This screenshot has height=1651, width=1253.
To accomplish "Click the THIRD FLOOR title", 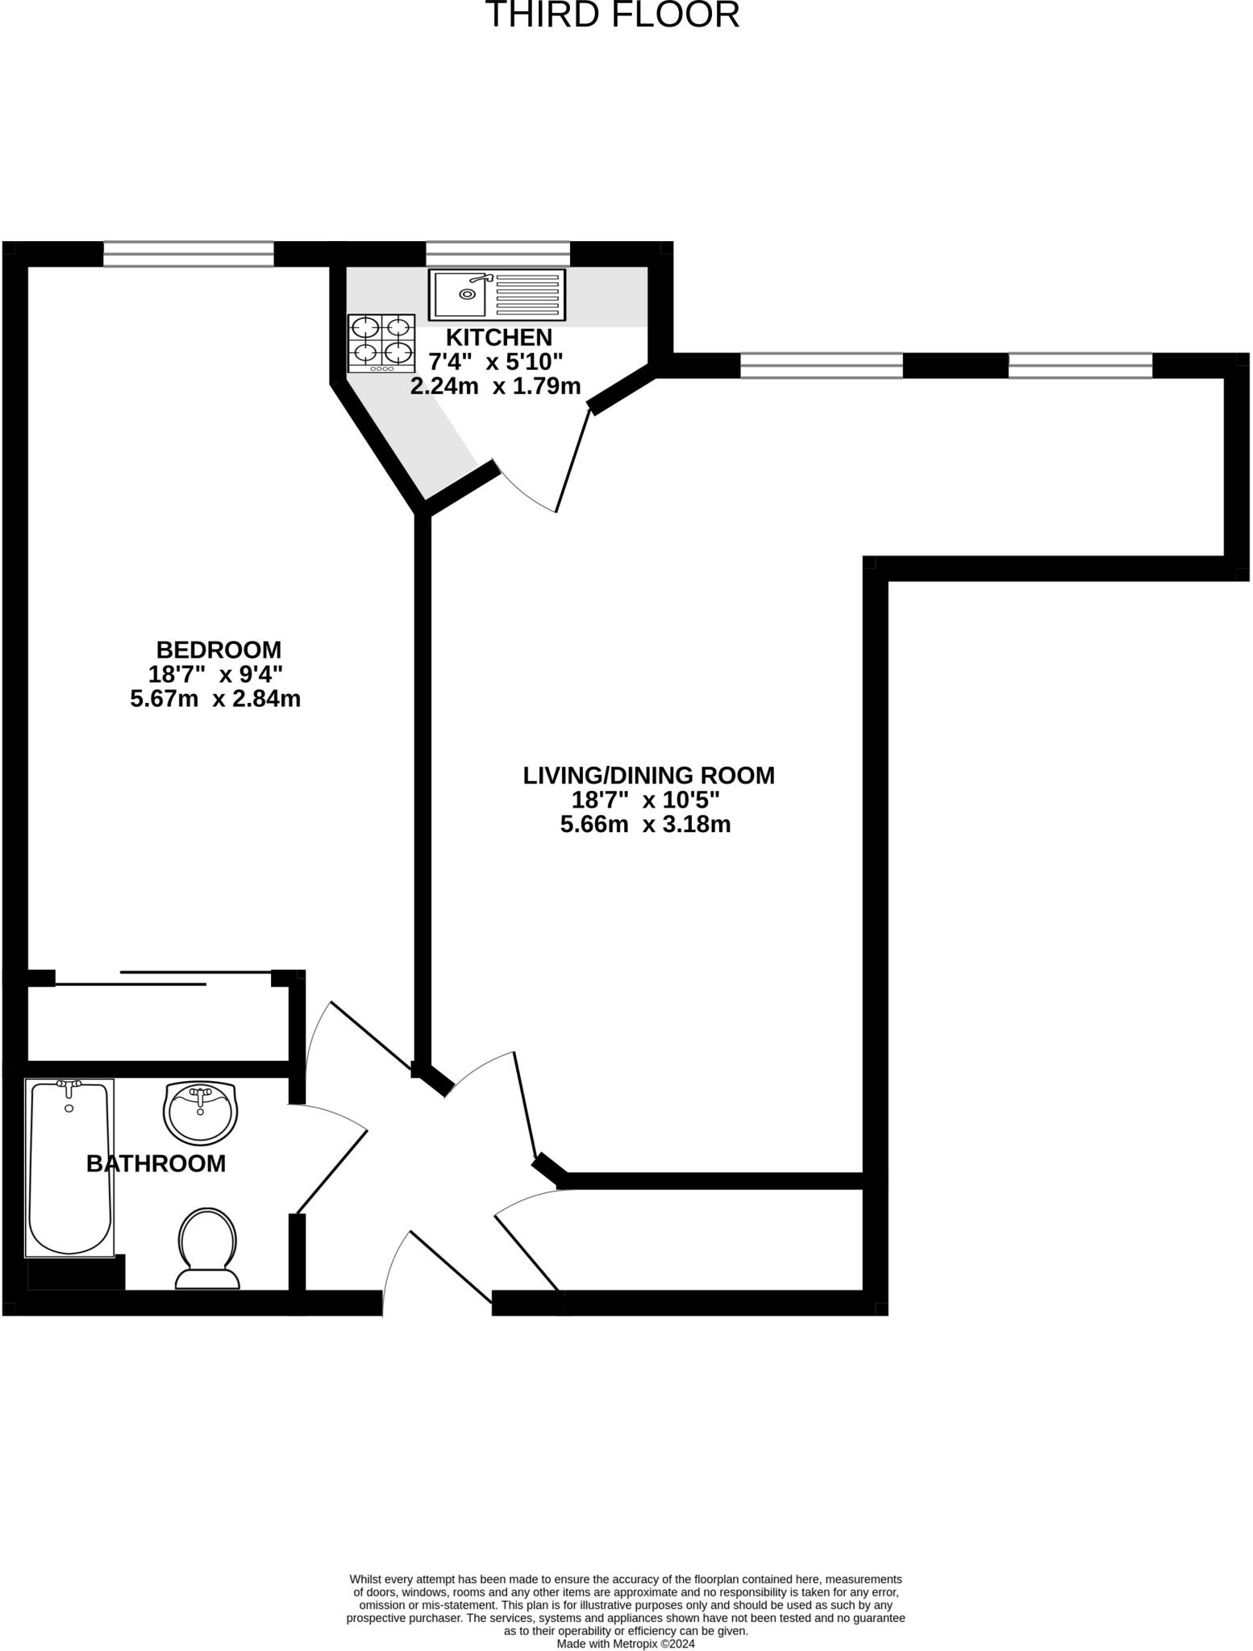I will click(612, 15).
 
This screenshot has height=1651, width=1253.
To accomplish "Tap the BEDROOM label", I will click(219, 649).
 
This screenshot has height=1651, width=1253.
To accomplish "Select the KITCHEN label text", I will click(499, 337).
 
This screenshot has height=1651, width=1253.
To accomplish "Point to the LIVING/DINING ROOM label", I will click(648, 776).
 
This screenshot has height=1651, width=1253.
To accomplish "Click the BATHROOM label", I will click(156, 1163).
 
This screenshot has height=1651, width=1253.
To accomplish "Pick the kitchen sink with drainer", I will click(497, 294).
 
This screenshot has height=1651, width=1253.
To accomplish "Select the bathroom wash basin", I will click(200, 1112).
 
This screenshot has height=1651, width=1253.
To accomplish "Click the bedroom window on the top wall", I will click(189, 254).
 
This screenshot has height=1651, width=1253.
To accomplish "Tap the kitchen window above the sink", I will click(497, 254).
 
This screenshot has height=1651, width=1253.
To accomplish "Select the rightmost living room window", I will click(1080, 366).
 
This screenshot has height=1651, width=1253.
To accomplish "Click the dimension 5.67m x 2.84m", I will click(215, 699).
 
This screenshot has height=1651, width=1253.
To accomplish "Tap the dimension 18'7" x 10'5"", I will click(645, 801).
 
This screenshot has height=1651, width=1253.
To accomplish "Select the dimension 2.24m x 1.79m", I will click(495, 386).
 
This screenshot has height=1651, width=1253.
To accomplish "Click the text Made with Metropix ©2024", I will click(626, 1644).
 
